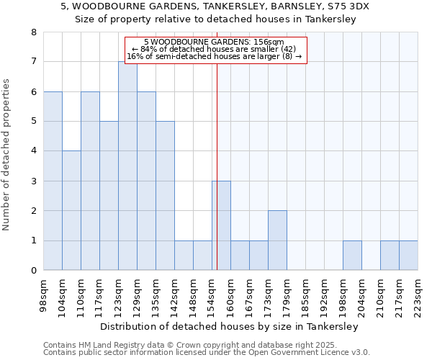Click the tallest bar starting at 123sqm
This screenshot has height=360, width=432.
coord(127,166)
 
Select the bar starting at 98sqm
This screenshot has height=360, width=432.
coord(53,181)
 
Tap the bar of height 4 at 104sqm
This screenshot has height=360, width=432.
coord(71,210)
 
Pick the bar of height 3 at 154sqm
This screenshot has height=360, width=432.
coord(221,225)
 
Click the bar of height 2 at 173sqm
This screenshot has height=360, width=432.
coord(277,240)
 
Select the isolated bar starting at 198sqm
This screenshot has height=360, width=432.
coord(352,256)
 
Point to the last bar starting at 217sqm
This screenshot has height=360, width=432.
coord(408,256)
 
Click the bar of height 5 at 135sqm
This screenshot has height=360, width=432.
coord(165,196)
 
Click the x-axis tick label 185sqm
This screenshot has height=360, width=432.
coord(306,295)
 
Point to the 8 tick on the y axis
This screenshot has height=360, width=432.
coord(33,32)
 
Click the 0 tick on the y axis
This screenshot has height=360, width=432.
coord(33,271)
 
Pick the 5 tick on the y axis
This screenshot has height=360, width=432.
coord(33,122)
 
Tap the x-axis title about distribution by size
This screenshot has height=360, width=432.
coord(229,326)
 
